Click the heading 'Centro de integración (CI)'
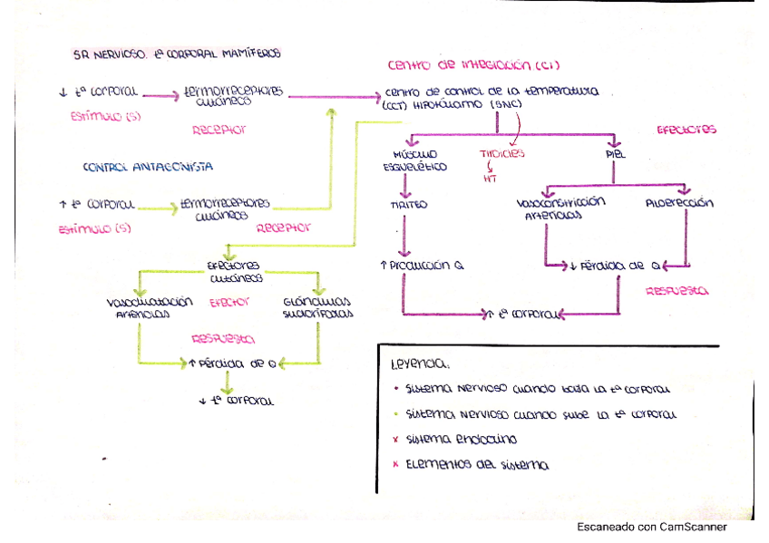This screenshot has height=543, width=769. pos(473,65)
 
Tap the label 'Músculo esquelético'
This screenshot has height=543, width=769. pos(414,160)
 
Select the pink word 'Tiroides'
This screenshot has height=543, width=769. pos(501,154)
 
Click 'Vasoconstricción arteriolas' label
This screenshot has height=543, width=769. pos(560,208)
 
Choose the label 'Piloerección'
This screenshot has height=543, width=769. pos(680,203)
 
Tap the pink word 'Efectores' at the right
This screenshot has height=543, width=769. pos(686,130)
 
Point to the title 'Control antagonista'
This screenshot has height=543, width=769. pos(148,167)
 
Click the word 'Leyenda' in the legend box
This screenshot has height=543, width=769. pos(418,364)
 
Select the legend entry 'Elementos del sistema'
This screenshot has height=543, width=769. pos(478,465)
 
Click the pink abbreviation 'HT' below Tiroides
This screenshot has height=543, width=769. pos(491,178)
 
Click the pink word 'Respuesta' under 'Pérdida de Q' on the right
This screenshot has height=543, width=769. pos(677,292)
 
